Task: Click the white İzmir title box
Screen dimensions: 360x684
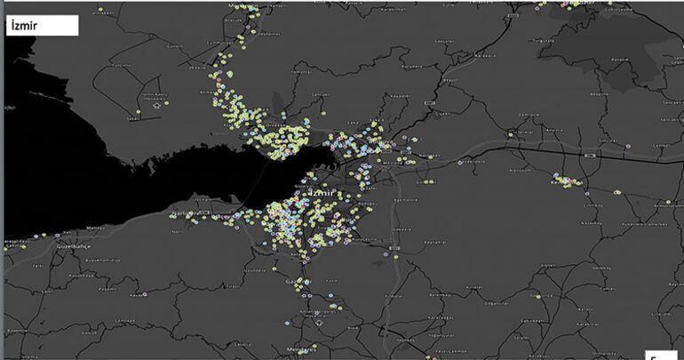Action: (42, 26)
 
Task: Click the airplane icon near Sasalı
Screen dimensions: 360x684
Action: (157, 104)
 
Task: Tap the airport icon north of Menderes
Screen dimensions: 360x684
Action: (307, 311)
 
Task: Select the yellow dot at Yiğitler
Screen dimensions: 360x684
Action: (510, 134)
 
